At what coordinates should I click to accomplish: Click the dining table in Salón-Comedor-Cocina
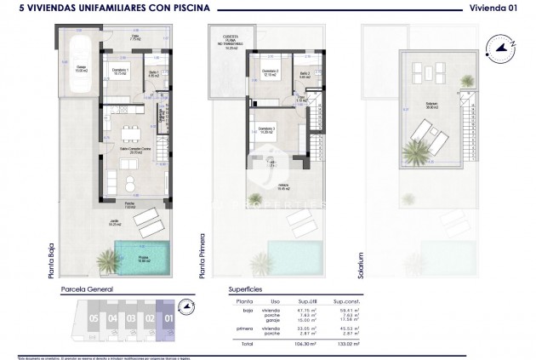(x=129, y=132)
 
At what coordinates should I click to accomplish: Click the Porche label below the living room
(x=129, y=204)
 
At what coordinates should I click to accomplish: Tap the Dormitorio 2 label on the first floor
(x=270, y=71)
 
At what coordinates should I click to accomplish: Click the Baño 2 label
(x=305, y=73)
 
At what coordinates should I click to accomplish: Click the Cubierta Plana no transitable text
(x=230, y=41)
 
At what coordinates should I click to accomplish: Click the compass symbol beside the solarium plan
(x=499, y=49)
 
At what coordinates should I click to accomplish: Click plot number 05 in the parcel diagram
(x=94, y=321)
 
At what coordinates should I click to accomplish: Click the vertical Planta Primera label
(x=202, y=255)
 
